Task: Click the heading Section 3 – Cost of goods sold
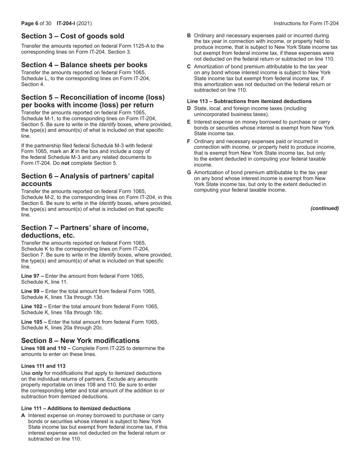coord(72,36)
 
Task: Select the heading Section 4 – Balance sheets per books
coord(84,65)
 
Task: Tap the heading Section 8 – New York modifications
coord(80,340)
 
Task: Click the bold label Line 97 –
coord(33,276)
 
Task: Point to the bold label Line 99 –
coord(33,291)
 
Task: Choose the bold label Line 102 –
coord(34,306)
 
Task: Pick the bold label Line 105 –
coord(34,322)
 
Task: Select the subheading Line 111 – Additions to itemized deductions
coord(76,408)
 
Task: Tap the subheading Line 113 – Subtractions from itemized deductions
coord(249,101)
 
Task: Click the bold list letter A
coord(23,416)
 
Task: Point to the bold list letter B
coord(189,36)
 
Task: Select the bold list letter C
coord(189,67)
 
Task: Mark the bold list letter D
coord(189,109)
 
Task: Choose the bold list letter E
coord(189,122)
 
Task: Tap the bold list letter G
coord(189,173)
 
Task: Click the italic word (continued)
coord(324,208)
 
